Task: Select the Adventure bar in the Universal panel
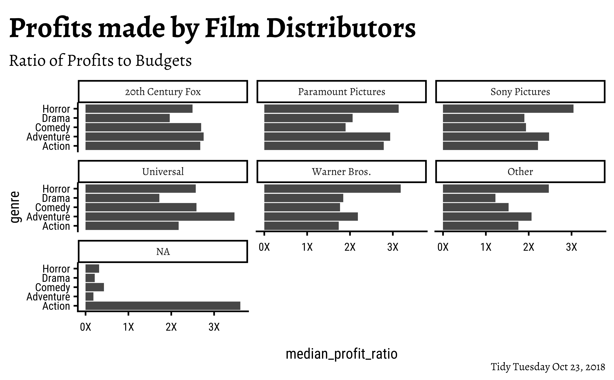(x=160, y=217)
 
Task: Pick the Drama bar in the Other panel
(x=469, y=198)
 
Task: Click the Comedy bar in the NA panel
(x=95, y=287)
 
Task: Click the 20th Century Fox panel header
(x=163, y=92)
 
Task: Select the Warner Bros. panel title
(x=341, y=172)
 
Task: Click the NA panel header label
(x=163, y=252)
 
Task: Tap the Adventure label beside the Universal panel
(x=48, y=217)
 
